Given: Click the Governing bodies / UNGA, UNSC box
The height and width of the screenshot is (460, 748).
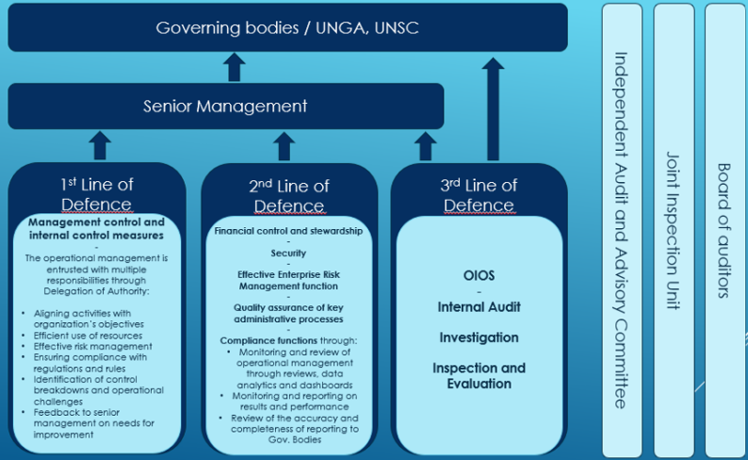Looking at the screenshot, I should coord(287,27).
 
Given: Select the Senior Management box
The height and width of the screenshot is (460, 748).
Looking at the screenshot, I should coord(225,106).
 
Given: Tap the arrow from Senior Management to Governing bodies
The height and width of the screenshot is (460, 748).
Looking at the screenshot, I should coord(235,67).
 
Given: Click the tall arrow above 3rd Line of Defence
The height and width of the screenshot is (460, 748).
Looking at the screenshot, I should coord(491,108).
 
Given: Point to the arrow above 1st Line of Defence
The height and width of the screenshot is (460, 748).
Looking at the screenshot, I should coord(101,145).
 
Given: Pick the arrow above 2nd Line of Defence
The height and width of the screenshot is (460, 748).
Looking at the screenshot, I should coord(285,145).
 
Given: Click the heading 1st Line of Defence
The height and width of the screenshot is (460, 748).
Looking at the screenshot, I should coord(96,194).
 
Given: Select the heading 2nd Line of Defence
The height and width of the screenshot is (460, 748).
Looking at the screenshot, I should coord(288,195).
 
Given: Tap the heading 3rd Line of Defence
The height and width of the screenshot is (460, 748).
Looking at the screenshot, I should coord(479,195).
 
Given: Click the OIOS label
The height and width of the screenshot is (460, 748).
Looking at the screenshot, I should coord(479,276).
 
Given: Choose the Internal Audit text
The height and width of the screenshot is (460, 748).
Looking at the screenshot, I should coord(479,306).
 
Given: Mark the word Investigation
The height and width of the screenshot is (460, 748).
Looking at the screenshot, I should coord(479,337).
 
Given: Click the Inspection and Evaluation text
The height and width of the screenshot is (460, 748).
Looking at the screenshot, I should coord(479,375).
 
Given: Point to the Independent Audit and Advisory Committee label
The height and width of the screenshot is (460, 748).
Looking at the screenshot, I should coord(619,230).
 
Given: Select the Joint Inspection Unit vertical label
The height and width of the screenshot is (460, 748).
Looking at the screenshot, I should coord(672,230).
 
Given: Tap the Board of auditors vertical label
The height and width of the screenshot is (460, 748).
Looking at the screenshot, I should coord(724,230).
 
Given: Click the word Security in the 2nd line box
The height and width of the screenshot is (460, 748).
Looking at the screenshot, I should coord(288,253).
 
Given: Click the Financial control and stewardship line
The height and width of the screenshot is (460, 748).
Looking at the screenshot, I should coord(288,231).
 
